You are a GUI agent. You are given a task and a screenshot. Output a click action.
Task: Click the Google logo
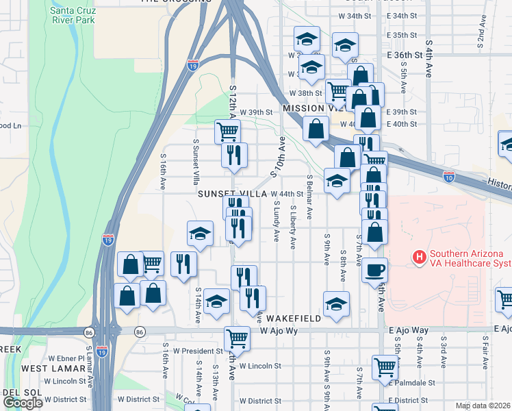click(23, 403)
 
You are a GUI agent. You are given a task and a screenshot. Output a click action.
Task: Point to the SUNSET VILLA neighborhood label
click(232, 194)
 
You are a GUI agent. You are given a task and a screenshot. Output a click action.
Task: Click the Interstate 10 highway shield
click(449, 176)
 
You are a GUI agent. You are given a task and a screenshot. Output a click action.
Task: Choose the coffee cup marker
click(374, 269)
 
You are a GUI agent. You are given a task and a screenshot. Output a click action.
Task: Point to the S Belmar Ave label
click(310, 197)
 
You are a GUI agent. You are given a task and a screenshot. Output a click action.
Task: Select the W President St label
click(189, 351)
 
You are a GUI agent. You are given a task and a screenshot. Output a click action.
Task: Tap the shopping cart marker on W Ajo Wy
click(236, 337)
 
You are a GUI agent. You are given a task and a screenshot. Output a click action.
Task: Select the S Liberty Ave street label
click(294, 226)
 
